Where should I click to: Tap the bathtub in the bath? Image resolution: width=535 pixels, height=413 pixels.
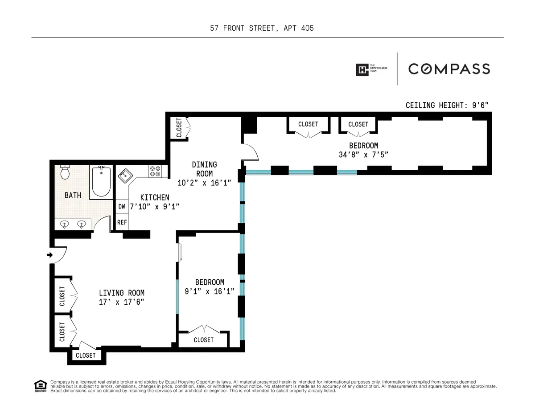tap(101, 181)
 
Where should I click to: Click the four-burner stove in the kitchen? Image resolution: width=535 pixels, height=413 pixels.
tap(155, 172)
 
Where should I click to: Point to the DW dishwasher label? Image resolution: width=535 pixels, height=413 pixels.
tap(121, 207)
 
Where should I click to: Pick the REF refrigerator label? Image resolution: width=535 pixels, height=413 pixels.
tap(121, 222)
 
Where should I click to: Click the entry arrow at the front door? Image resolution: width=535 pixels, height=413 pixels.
tap(50, 255)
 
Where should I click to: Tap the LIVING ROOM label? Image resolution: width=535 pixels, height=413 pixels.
tap(122, 293)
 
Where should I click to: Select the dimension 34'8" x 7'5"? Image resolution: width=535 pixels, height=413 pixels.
tap(363, 155)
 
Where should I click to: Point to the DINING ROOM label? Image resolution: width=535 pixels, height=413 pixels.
tap(205, 169)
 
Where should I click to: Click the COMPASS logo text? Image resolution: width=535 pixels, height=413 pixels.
tap(449, 69)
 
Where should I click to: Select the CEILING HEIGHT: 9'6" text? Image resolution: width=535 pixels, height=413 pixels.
tap(447, 106)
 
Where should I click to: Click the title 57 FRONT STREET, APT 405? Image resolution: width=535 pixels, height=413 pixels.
tap(262, 28)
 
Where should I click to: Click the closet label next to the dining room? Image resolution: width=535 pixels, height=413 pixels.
tap(179, 128)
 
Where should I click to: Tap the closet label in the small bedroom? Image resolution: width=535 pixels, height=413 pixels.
tap(203, 340)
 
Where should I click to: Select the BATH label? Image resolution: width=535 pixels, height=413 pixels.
tap(73, 195)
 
